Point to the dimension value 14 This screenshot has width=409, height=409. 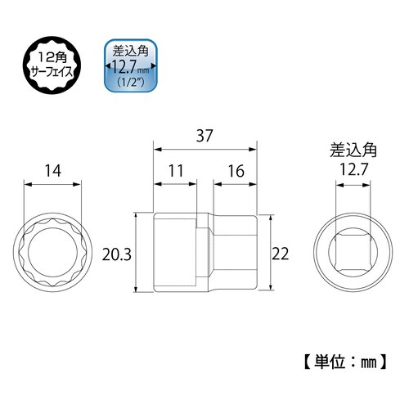pos(53,171)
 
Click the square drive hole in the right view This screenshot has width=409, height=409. pos(351,253)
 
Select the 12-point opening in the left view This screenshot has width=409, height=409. pos(53,253)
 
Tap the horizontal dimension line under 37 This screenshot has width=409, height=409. pos(204,150)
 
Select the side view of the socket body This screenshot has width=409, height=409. pos(204,254)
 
